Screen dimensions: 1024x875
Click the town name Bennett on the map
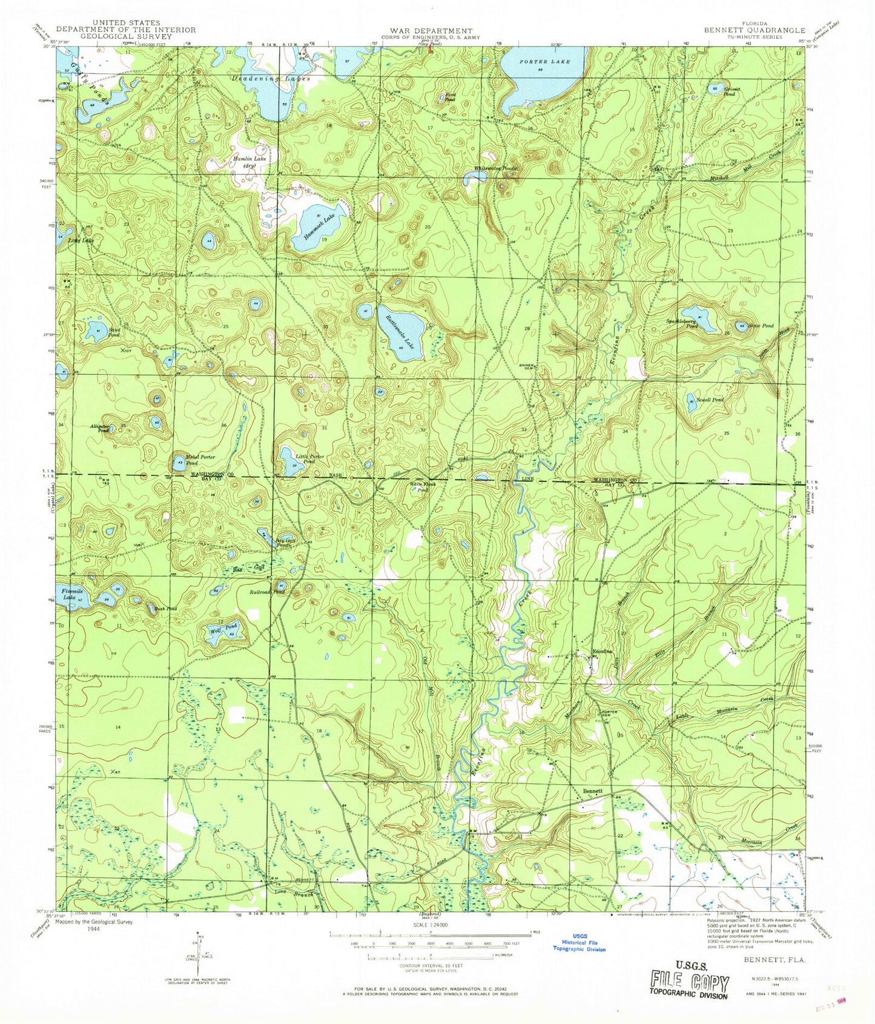pyautogui.click(x=592, y=791)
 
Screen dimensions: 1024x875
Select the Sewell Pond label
pyautogui.click(x=710, y=400)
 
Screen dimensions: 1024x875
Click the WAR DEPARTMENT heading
pyautogui.click(x=431, y=30)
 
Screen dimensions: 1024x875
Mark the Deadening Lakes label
pyautogui.click(x=271, y=79)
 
